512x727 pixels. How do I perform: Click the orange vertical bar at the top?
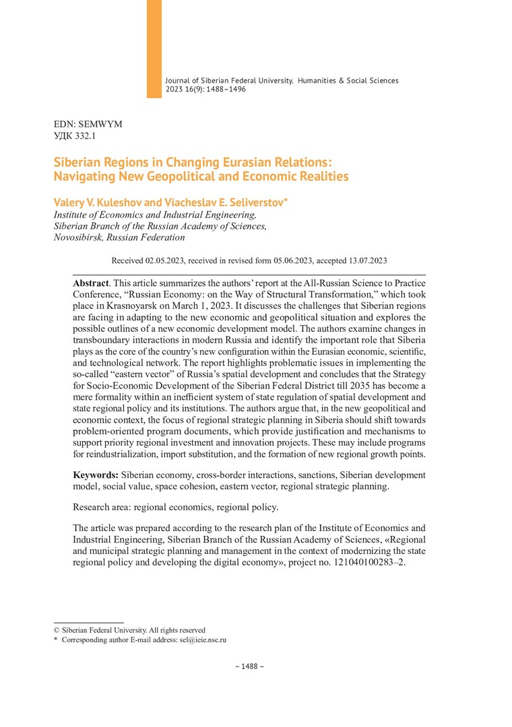[154, 48]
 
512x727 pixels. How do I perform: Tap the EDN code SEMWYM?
[101, 125]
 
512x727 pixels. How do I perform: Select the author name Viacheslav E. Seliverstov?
[226, 202]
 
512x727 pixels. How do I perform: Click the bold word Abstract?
[90, 284]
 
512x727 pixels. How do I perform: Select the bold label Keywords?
[96, 475]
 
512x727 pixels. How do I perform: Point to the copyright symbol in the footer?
[57, 630]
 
